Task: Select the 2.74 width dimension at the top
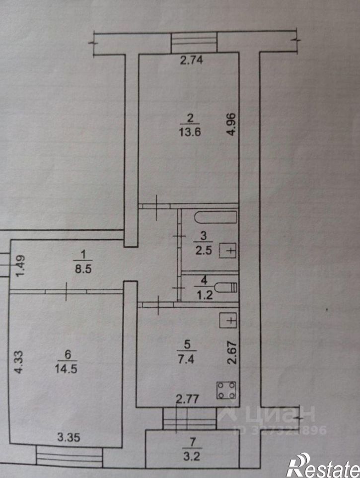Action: pyautogui.click(x=192, y=61)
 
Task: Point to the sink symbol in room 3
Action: pyautogui.click(x=230, y=250)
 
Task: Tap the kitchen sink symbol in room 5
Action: pyautogui.click(x=230, y=321)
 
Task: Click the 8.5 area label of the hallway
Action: pyautogui.click(x=82, y=272)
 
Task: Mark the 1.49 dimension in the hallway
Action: pyautogui.click(x=19, y=269)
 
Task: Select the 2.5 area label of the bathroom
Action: pyautogui.click(x=205, y=250)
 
